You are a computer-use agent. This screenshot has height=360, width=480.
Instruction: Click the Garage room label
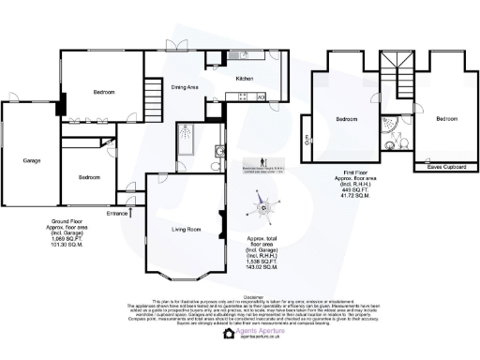[32, 160]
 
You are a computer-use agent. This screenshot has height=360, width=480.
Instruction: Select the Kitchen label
[246, 79]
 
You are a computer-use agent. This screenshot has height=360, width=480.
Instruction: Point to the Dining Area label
[185, 87]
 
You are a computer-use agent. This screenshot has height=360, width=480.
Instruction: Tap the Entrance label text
[117, 214]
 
